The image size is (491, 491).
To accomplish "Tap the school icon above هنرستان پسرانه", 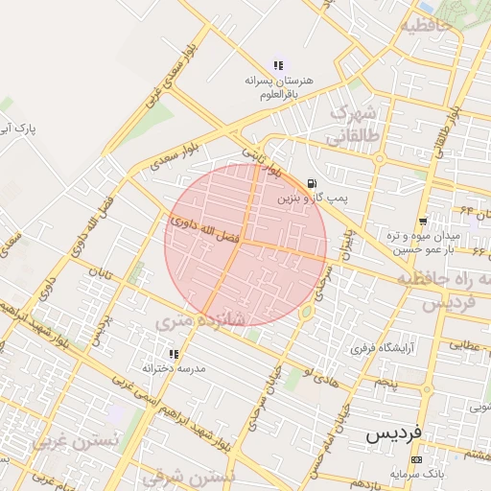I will point(278,65).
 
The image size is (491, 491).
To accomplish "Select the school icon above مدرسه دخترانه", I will point(174,354).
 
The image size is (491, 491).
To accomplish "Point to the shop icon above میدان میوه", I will point(423,222).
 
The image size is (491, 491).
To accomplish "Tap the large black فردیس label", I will point(394,434).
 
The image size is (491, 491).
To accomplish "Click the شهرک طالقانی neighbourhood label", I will point(354,126).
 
